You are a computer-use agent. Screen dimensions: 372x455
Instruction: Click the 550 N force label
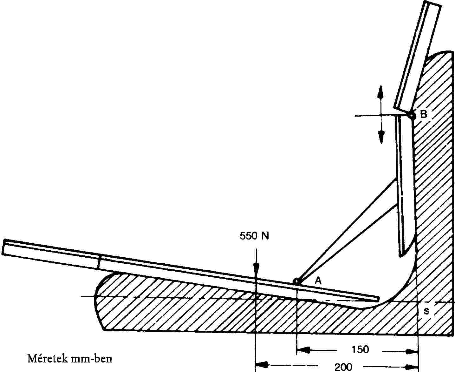point(254,236)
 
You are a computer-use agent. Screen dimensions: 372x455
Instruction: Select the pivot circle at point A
point(296,281)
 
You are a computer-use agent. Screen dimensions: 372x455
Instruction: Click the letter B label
point(424,114)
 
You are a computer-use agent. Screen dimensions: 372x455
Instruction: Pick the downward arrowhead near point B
point(381,137)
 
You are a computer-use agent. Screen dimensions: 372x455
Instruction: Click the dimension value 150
point(360,349)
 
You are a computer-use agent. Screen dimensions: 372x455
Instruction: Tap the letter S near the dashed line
point(426,312)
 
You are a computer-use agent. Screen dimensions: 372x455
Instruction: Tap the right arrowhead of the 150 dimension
point(413,351)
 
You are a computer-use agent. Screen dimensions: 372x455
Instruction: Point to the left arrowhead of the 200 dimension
point(261,363)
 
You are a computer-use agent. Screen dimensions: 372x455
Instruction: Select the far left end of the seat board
point(3,247)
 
